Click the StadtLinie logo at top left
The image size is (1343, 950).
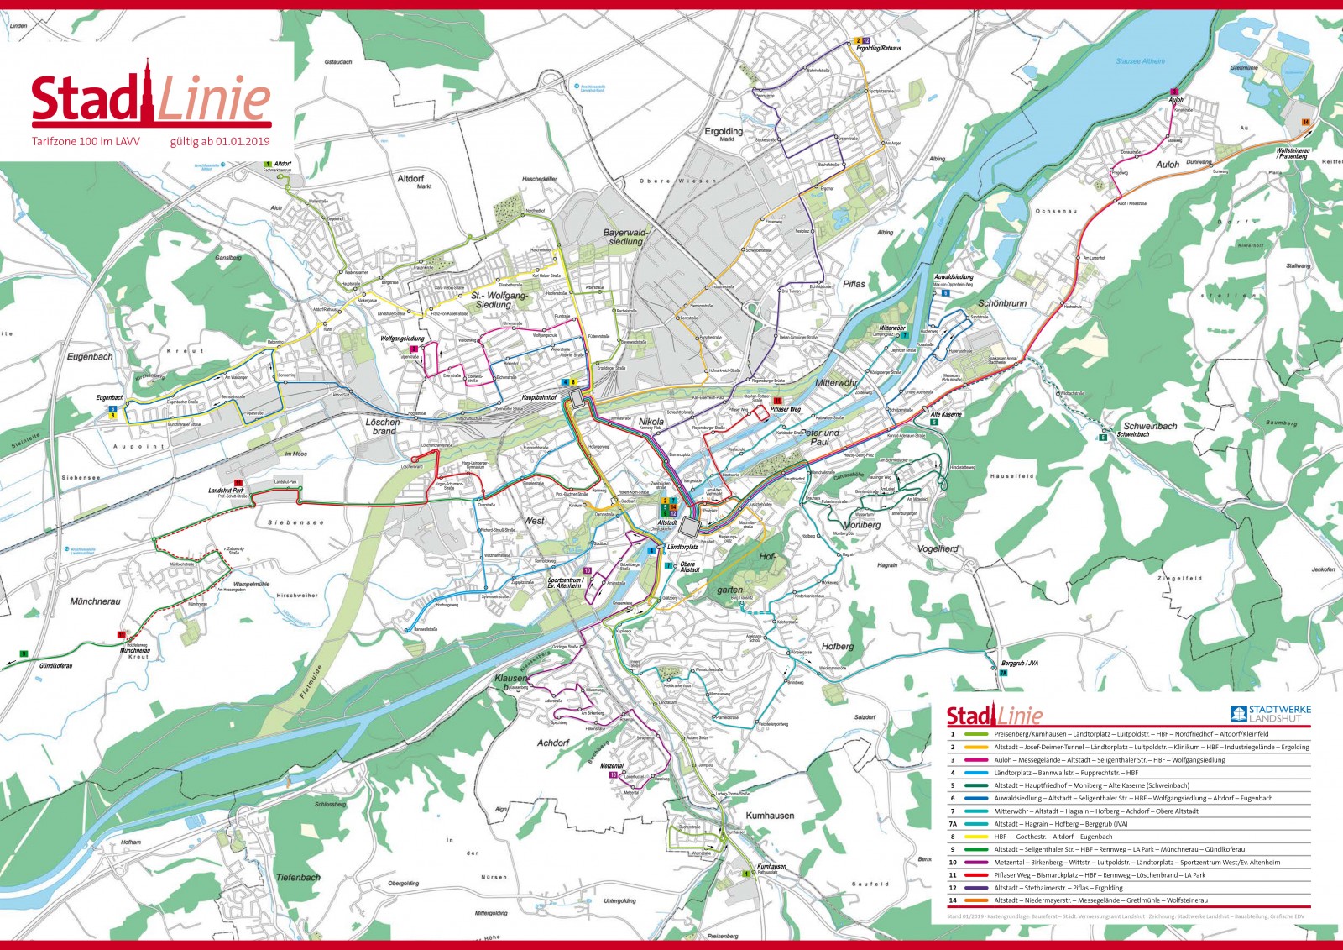pos(151,97)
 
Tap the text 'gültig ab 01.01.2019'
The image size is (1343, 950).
pos(220,142)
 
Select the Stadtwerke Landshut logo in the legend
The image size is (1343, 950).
pos(1270,714)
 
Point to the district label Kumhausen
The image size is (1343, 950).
pos(770,816)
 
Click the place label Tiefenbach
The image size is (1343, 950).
pos(298,877)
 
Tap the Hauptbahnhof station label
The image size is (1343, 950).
pos(540,397)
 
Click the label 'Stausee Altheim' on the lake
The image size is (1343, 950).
pos(1140,61)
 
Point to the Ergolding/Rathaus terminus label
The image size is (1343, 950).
pos(878,49)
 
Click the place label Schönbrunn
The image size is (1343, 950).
pos(1002,303)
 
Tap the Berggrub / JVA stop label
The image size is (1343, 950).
pos(1020,664)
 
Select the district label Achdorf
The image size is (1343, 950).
pos(553,743)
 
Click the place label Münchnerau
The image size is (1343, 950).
pos(95,601)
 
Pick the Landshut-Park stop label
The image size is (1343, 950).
pos(226,491)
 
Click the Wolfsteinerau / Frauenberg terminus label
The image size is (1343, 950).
pos(1293,154)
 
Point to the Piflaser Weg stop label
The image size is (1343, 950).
pos(786,410)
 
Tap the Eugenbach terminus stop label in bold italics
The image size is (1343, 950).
pos(109,398)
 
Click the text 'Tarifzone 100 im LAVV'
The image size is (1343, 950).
pos(86,142)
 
